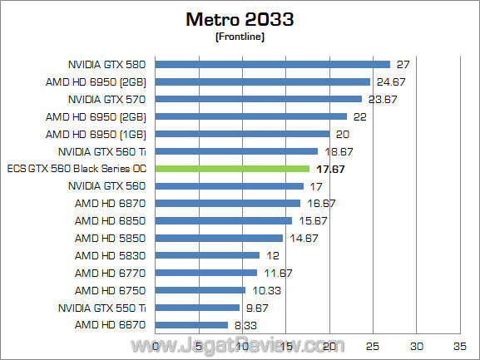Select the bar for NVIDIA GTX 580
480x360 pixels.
click(273, 64)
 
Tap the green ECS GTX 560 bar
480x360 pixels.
click(233, 169)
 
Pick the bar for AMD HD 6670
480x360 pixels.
click(192, 325)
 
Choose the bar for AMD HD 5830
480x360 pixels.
click(208, 255)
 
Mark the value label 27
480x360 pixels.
click(402, 64)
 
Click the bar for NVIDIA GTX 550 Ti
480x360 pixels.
click(198, 308)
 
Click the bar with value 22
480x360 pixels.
click(251, 116)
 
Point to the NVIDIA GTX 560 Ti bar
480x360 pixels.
click(237, 151)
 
